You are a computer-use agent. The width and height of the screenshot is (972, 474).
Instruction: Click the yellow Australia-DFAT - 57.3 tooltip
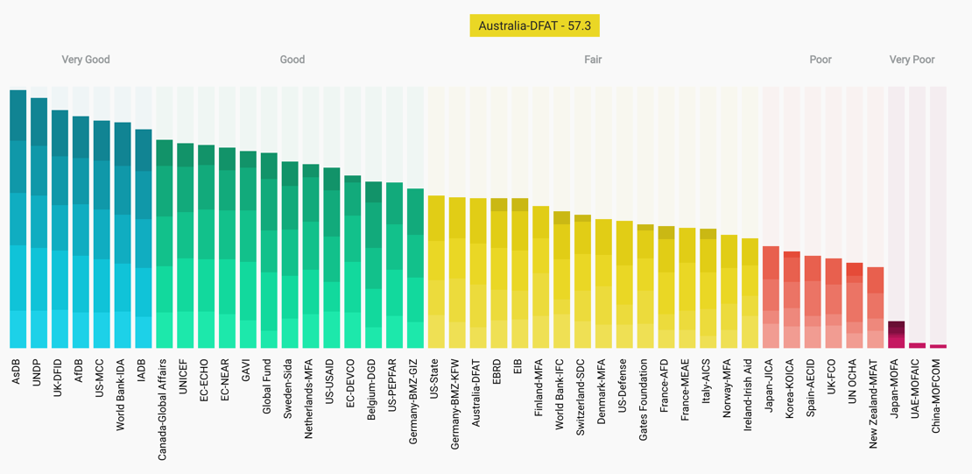pos(534,26)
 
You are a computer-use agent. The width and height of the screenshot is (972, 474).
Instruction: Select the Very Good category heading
pos(86,60)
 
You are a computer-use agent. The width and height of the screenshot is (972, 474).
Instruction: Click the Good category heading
pos(292,60)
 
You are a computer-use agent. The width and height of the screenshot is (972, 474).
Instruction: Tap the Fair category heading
pos(593,60)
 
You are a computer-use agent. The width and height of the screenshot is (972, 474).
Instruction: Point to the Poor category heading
pos(821,60)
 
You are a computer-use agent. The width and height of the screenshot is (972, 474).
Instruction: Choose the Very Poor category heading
pos(912,60)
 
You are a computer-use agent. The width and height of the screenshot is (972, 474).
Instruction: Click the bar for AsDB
pos(18,219)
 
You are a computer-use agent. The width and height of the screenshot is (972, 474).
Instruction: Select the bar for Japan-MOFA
pos(897,335)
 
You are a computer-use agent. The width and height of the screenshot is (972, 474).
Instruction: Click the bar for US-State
pos(436,272)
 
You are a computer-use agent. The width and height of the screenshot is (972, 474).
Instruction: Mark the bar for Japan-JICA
pos(771,297)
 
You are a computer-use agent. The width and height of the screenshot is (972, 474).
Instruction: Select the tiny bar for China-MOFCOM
pos(938,346)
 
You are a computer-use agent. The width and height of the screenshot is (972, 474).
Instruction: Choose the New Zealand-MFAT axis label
pos(875,403)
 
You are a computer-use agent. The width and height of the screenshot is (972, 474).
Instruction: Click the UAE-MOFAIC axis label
pos(917,391)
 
